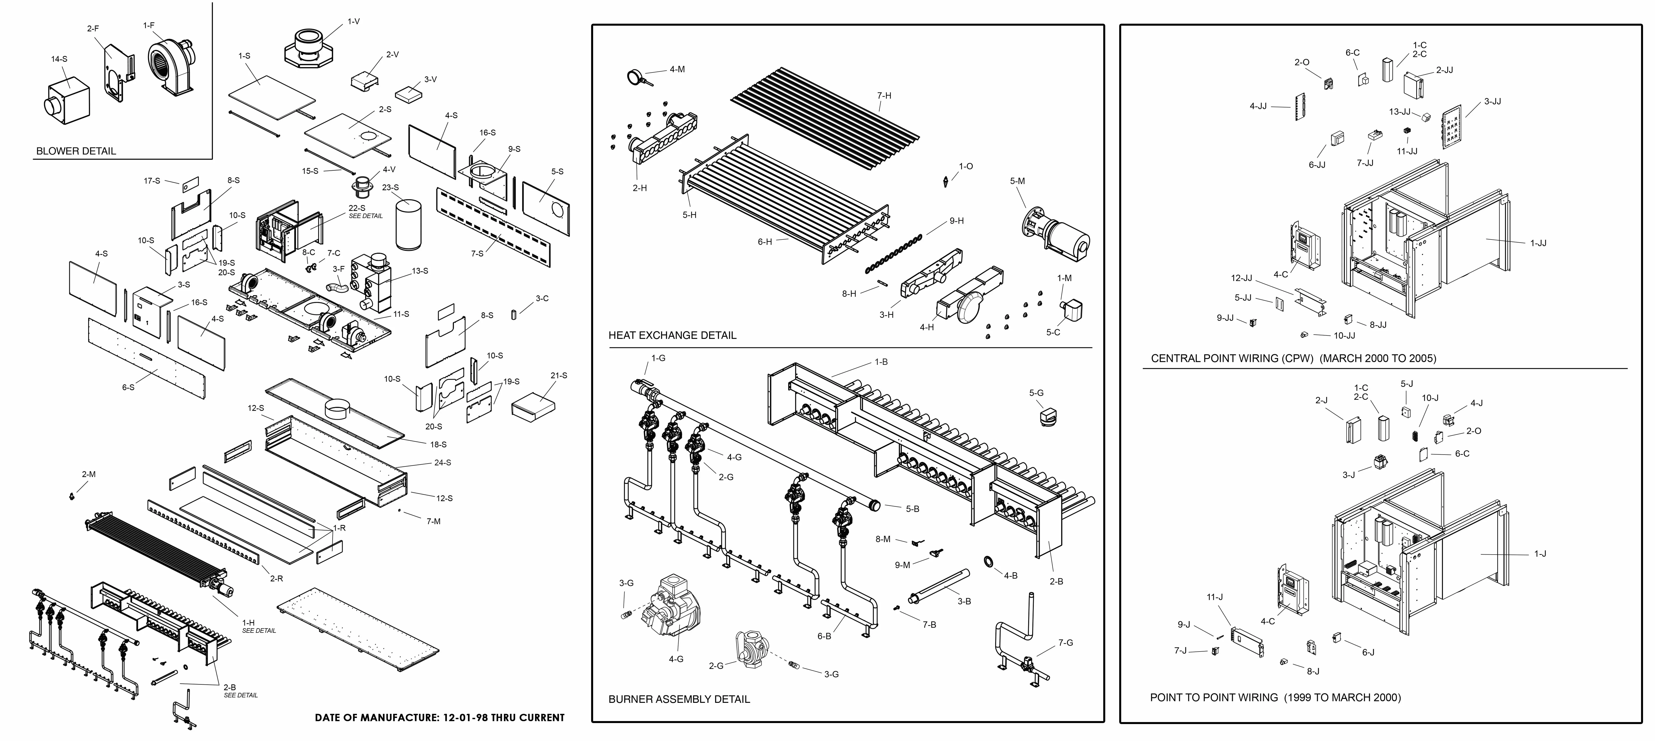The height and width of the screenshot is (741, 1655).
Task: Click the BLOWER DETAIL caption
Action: pyautogui.click(x=76, y=151)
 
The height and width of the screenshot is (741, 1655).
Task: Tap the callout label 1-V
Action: pyautogui.click(x=353, y=21)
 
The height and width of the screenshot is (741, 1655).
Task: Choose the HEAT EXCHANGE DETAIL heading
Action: pyautogui.click(x=672, y=335)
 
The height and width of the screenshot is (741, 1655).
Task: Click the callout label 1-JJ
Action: pyautogui.click(x=1538, y=243)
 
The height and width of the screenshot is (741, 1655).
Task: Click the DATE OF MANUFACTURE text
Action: pyautogui.click(x=439, y=717)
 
